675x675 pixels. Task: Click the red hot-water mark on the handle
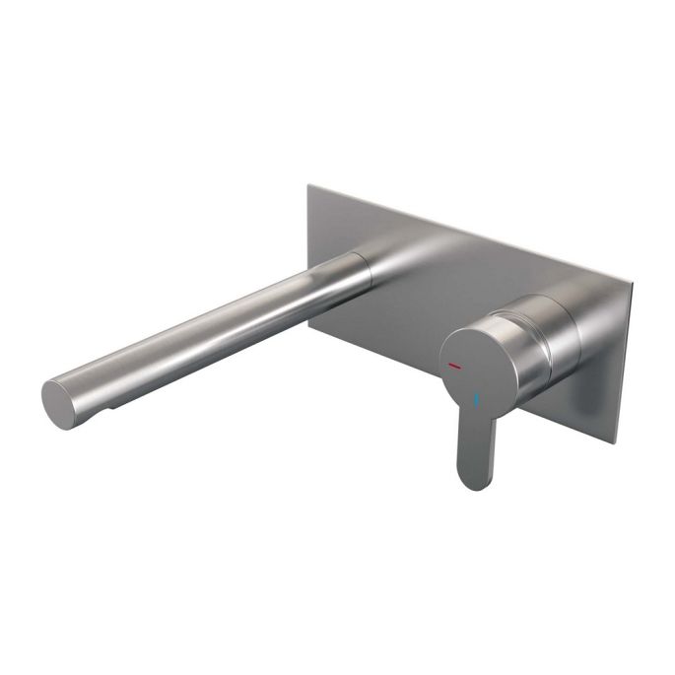click(x=454, y=365)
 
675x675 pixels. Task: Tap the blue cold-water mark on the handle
click(x=479, y=401)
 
